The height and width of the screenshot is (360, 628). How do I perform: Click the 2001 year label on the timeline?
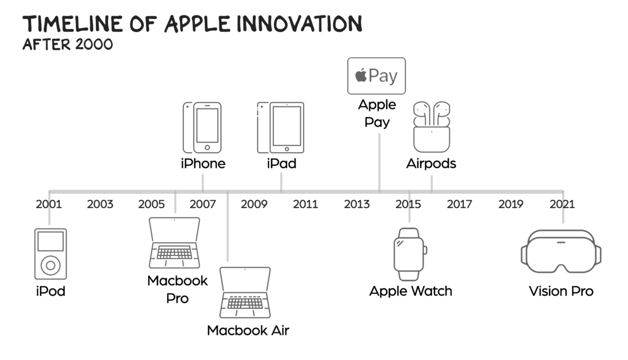pos(49,204)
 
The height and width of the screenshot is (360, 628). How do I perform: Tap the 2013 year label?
pos(356,204)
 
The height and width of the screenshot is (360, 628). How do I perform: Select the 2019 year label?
pos(511,204)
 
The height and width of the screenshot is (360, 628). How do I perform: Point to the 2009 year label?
pos(254,204)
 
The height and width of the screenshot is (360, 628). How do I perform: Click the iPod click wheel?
pos(50,265)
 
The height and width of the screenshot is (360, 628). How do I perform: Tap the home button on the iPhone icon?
pos(207,148)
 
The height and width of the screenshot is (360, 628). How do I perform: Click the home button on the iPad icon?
pos(287,149)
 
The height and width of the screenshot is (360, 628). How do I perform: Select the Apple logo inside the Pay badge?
pos(361,75)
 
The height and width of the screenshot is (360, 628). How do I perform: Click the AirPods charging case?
pos(432,139)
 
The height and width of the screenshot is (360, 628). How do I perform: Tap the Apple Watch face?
pos(409,254)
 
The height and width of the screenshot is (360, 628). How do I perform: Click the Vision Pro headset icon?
pos(561,251)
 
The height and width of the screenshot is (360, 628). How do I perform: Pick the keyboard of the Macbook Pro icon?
pos(174,252)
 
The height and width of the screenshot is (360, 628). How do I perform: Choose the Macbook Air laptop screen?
pos(245,279)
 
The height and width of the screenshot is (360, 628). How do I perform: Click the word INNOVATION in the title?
pos(300,24)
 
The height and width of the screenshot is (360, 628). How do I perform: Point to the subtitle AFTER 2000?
pos(68,44)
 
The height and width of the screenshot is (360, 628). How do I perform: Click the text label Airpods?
pos(431,163)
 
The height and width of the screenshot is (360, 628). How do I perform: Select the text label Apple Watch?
pos(411,291)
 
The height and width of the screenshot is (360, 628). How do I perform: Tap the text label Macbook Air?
pos(248,330)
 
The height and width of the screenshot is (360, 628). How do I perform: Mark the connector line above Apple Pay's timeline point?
pos(379,163)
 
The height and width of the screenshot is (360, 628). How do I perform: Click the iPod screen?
pos(50,241)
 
